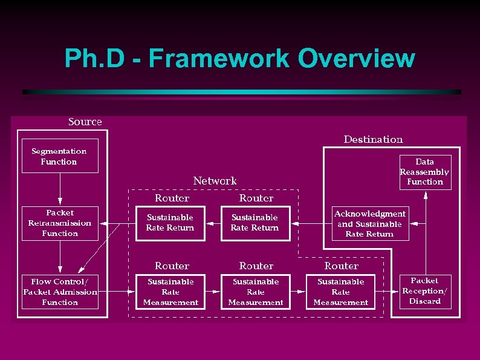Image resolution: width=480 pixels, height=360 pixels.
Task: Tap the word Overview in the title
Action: (357, 59)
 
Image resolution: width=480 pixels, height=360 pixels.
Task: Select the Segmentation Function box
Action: (59, 157)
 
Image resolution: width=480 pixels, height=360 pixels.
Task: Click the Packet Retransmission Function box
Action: (60, 223)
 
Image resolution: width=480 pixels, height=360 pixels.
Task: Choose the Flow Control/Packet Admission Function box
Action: (60, 292)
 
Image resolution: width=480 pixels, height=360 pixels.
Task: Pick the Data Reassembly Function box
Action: (425, 172)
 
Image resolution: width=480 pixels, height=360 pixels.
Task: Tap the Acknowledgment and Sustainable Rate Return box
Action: (369, 224)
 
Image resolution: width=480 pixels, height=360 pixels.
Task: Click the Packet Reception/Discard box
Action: (425, 291)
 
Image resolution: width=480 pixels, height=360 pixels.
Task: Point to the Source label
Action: (85, 122)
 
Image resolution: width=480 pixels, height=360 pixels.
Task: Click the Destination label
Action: (373, 140)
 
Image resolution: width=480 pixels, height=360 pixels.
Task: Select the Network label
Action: (215, 181)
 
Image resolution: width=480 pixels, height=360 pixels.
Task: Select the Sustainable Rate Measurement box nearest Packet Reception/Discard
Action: (341, 292)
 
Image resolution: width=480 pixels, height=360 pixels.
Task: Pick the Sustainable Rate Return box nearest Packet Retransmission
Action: (170, 223)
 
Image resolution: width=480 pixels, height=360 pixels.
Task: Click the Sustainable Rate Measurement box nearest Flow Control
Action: (170, 292)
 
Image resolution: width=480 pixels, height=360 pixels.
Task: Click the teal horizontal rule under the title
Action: (242, 92)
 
